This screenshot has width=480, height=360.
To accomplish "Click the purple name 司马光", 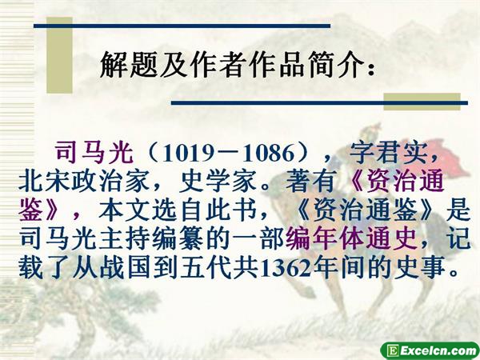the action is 94,153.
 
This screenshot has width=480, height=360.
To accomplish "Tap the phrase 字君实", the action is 388,153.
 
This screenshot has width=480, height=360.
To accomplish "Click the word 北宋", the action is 45,182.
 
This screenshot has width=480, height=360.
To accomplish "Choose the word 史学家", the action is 218,182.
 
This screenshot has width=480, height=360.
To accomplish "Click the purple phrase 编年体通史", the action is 351,238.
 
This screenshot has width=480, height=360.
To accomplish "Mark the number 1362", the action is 286,268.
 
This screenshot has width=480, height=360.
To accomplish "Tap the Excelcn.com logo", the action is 430,350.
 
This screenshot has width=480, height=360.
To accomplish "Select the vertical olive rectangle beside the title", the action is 59,55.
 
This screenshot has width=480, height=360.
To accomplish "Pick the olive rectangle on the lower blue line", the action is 422,102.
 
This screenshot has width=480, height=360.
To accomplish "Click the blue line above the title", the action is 182,26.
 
